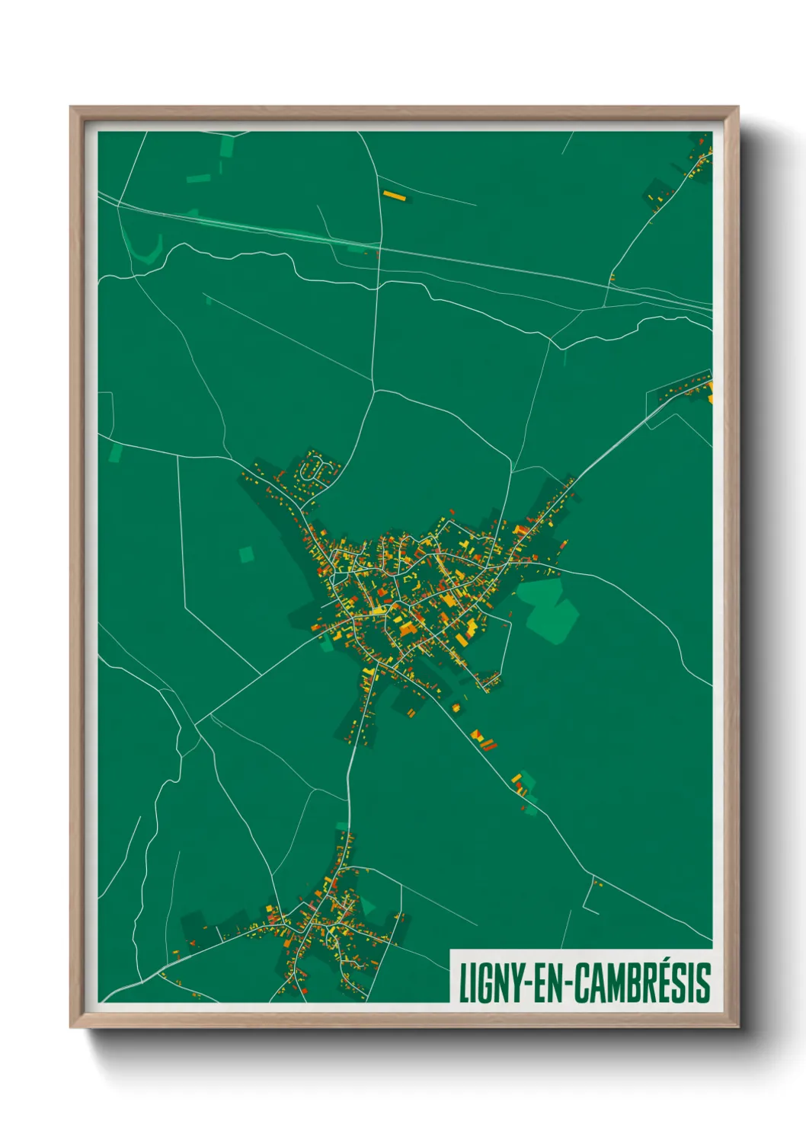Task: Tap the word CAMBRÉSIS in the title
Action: (x=641, y=982)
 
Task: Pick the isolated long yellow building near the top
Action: (x=394, y=196)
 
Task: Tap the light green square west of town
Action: (x=246, y=554)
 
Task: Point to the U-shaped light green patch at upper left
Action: (x=145, y=249)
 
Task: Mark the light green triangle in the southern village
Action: (x=368, y=906)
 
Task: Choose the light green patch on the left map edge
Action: (x=115, y=454)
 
